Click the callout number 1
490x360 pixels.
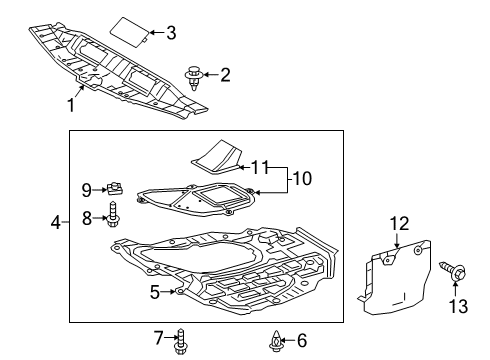coord(71,103)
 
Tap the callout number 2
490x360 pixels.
coord(225,73)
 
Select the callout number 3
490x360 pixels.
coord(171,33)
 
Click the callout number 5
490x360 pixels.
coord(155,292)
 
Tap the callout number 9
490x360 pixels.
coord(86,189)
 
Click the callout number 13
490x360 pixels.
coord(457,305)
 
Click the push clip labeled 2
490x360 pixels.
coord(194,75)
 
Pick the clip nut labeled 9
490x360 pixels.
coord(114,187)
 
